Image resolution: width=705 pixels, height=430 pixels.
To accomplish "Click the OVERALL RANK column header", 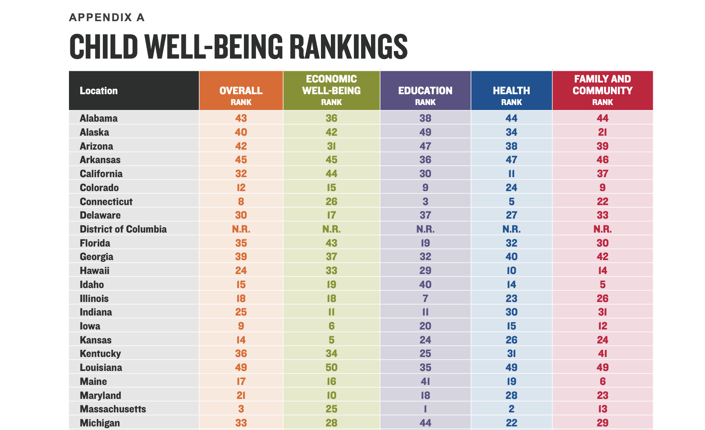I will (241, 91).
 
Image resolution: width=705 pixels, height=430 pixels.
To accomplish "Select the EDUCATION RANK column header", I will (425, 91).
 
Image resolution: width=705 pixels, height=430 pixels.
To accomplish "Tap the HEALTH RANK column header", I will (511, 91).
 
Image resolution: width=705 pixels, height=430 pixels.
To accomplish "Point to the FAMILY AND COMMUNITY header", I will (602, 85).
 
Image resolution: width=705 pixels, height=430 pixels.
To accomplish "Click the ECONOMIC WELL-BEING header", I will (331, 85).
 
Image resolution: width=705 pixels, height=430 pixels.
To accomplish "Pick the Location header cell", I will (99, 91).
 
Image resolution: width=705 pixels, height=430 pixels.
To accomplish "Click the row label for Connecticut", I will (106, 201).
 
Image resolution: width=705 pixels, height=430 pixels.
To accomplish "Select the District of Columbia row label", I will (123, 229).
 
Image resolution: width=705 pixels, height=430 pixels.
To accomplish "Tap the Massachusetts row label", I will (113, 409).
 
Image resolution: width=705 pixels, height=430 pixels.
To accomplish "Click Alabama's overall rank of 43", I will (241, 118).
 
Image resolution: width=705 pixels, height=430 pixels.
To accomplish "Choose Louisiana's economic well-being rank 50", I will (331, 367).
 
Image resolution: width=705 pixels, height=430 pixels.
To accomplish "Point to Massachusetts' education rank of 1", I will (425, 409).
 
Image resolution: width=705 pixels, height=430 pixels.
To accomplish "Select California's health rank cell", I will (511, 174).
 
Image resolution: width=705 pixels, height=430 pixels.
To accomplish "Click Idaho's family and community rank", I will (602, 284).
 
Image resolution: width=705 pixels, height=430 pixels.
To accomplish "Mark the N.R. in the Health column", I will (511, 229).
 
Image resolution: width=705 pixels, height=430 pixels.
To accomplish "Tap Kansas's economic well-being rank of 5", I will (331, 340).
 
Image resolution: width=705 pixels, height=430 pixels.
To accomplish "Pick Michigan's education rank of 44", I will (425, 423).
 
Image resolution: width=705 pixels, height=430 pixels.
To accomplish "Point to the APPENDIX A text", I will (107, 18).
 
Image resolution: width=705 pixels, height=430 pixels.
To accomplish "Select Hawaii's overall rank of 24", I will (241, 270).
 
